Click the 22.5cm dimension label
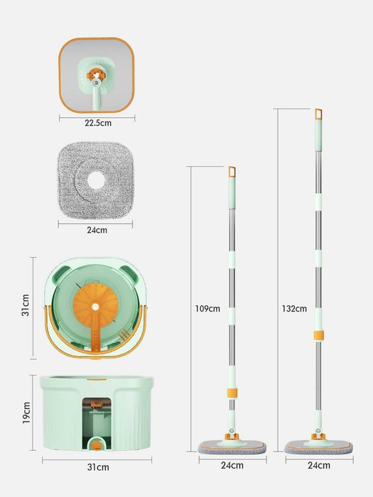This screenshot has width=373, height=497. [98, 123]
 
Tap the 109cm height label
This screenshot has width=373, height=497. [207, 309]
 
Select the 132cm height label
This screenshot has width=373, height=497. [294, 309]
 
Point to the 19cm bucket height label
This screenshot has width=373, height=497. [26, 413]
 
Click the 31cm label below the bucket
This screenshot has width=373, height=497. [98, 467]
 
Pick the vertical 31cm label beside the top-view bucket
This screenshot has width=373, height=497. [26, 305]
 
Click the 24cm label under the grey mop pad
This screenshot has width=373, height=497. [97, 230]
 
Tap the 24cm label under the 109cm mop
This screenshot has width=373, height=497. [232, 465]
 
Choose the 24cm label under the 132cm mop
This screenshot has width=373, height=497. [319, 465]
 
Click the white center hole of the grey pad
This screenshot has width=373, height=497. [96, 180]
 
